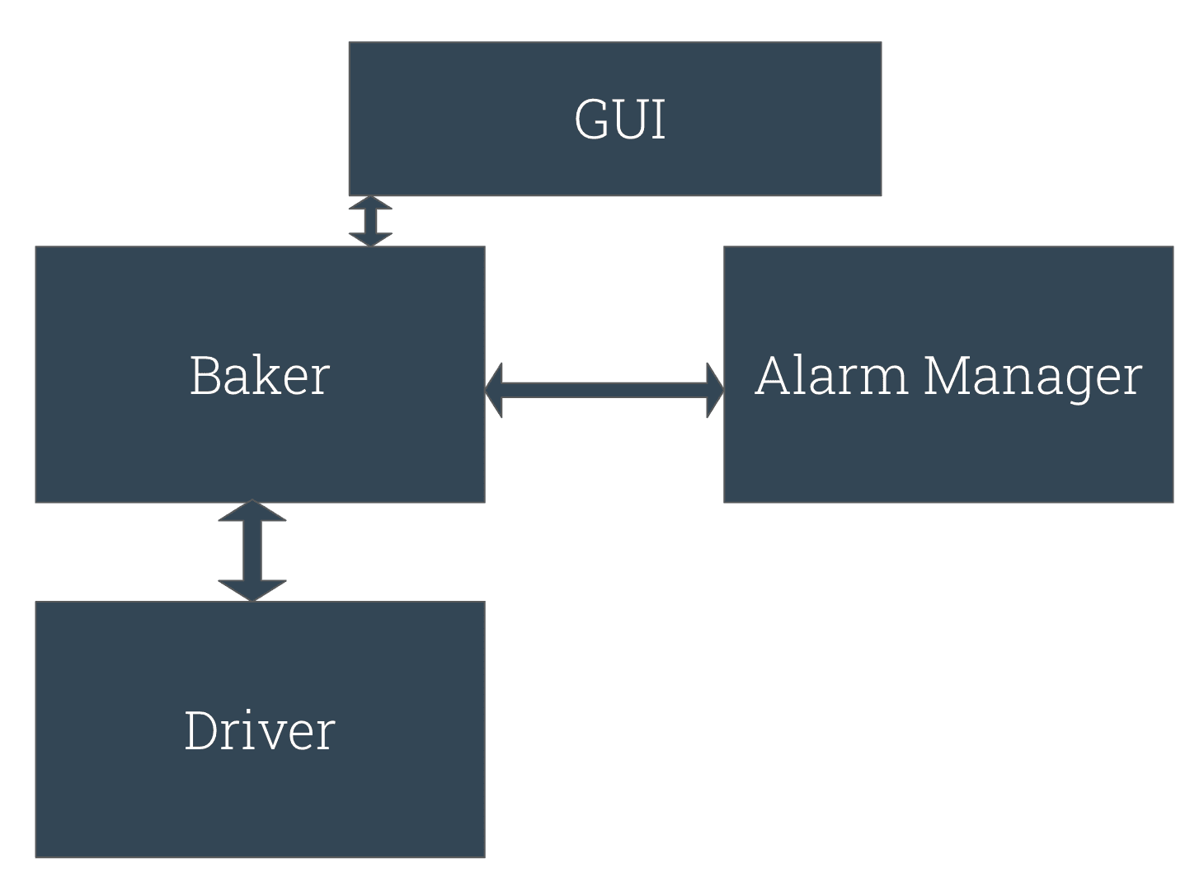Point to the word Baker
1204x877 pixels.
pyautogui.click(x=260, y=376)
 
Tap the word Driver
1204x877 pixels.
pyautogui.click(x=260, y=731)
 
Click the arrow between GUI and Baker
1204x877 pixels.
pyautogui.click(x=370, y=221)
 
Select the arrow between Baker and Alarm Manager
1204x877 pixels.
pyautogui.click(x=604, y=390)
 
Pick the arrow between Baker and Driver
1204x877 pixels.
pyautogui.click(x=252, y=551)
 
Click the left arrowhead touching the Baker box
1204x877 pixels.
pyautogui.click(x=494, y=390)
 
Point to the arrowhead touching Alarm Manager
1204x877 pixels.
pyautogui.click(x=715, y=390)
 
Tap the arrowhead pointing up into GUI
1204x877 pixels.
pyautogui.click(x=370, y=204)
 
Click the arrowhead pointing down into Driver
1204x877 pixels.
pyautogui.click(x=252, y=589)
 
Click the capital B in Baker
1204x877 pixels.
pyautogui.click(x=205, y=376)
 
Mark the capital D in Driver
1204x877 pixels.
pyautogui.click(x=202, y=731)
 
